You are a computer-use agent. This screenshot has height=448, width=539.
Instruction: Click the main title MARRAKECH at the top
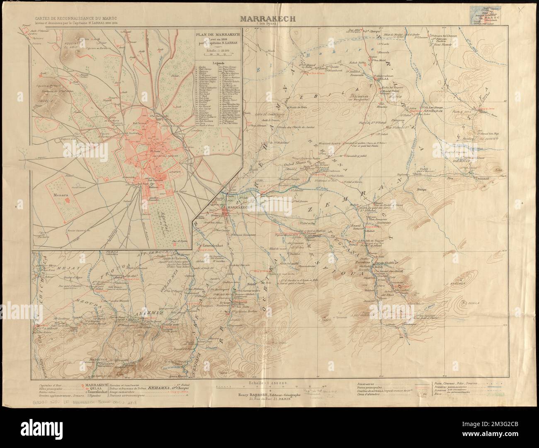click(269, 18)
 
